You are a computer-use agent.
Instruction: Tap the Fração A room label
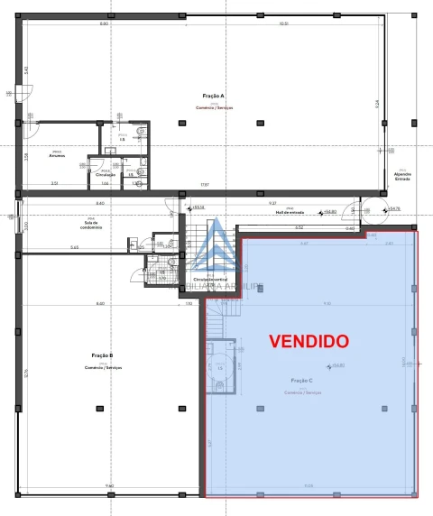point(214,95)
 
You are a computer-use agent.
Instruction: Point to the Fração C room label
point(302,382)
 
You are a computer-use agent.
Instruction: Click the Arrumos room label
point(56,154)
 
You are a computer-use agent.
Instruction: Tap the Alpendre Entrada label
point(401,176)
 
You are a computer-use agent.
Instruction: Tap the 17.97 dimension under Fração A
point(180,186)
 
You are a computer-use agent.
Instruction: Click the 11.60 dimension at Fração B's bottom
point(108,486)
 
